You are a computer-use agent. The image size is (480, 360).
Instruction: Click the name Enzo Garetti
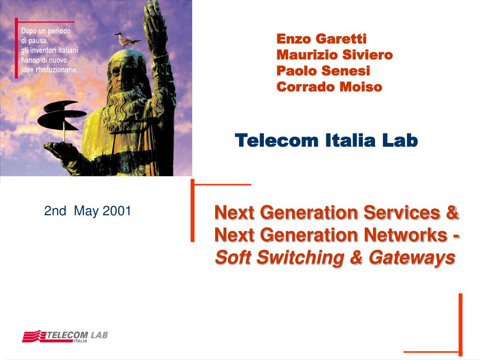(x=322, y=39)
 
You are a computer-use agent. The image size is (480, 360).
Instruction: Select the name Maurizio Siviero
(x=335, y=55)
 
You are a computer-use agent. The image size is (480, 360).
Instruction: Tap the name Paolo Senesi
(x=323, y=71)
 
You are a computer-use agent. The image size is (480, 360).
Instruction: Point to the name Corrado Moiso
(x=330, y=87)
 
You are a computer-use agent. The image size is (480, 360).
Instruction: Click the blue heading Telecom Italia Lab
(x=326, y=140)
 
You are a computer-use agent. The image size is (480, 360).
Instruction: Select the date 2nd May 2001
(x=88, y=211)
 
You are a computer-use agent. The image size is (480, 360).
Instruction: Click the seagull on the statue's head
(x=127, y=40)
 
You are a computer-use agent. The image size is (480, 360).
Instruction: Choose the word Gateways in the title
(x=412, y=258)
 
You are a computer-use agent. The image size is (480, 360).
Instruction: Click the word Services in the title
(x=402, y=212)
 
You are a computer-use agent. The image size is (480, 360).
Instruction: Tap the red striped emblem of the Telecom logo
(x=34, y=336)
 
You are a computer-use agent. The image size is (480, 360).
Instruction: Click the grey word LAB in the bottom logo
(x=99, y=335)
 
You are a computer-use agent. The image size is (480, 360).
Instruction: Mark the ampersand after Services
(x=452, y=212)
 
